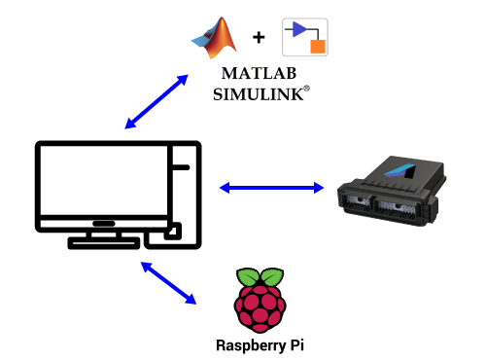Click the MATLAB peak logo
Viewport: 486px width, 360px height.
[x=215, y=39]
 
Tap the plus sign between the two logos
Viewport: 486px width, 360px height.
[x=259, y=38]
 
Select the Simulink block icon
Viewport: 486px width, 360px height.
[x=304, y=37]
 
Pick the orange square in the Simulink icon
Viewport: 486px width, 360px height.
[x=316, y=46]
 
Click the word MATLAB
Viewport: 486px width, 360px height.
[x=259, y=74]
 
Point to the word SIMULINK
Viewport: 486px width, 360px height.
[x=259, y=93]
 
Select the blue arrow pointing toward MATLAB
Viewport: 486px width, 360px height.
[x=156, y=101]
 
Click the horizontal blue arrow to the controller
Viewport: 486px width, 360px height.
[x=271, y=187]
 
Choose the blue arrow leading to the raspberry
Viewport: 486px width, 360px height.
[x=169, y=283]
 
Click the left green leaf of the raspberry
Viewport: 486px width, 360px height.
[x=250, y=277]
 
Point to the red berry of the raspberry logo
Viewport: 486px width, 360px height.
[x=260, y=306]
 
